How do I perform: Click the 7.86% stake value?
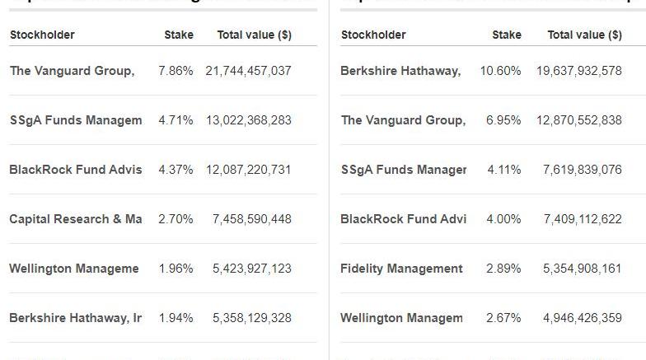click(x=176, y=71)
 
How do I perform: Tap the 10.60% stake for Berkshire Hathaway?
click(x=501, y=71)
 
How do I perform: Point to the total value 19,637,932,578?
click(x=579, y=71)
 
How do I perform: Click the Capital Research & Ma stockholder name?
click(x=75, y=219)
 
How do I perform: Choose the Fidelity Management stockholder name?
click(x=401, y=269)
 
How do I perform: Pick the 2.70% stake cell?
click(x=176, y=219)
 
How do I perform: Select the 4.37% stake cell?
click(x=176, y=170)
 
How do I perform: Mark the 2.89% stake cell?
click(x=503, y=269)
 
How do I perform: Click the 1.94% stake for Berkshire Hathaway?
click(x=176, y=318)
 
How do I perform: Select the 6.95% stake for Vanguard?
click(x=503, y=120)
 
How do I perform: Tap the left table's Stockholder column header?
click(x=42, y=35)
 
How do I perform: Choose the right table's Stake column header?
click(x=507, y=35)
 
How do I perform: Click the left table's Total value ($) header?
click(x=254, y=35)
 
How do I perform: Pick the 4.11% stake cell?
click(x=503, y=170)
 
